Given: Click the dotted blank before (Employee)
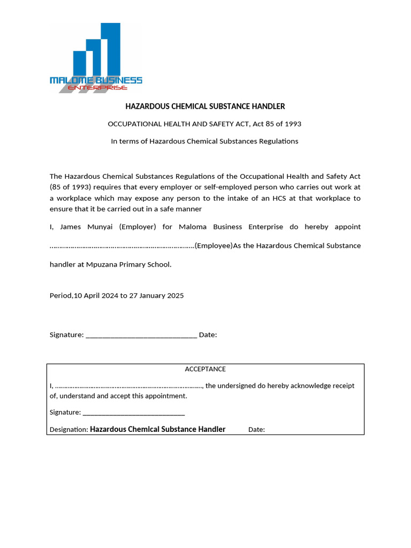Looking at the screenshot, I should (122, 246).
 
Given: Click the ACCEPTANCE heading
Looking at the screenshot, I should (205, 369).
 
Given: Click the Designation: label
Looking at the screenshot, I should (68, 430).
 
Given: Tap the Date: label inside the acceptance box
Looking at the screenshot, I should (256, 430).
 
